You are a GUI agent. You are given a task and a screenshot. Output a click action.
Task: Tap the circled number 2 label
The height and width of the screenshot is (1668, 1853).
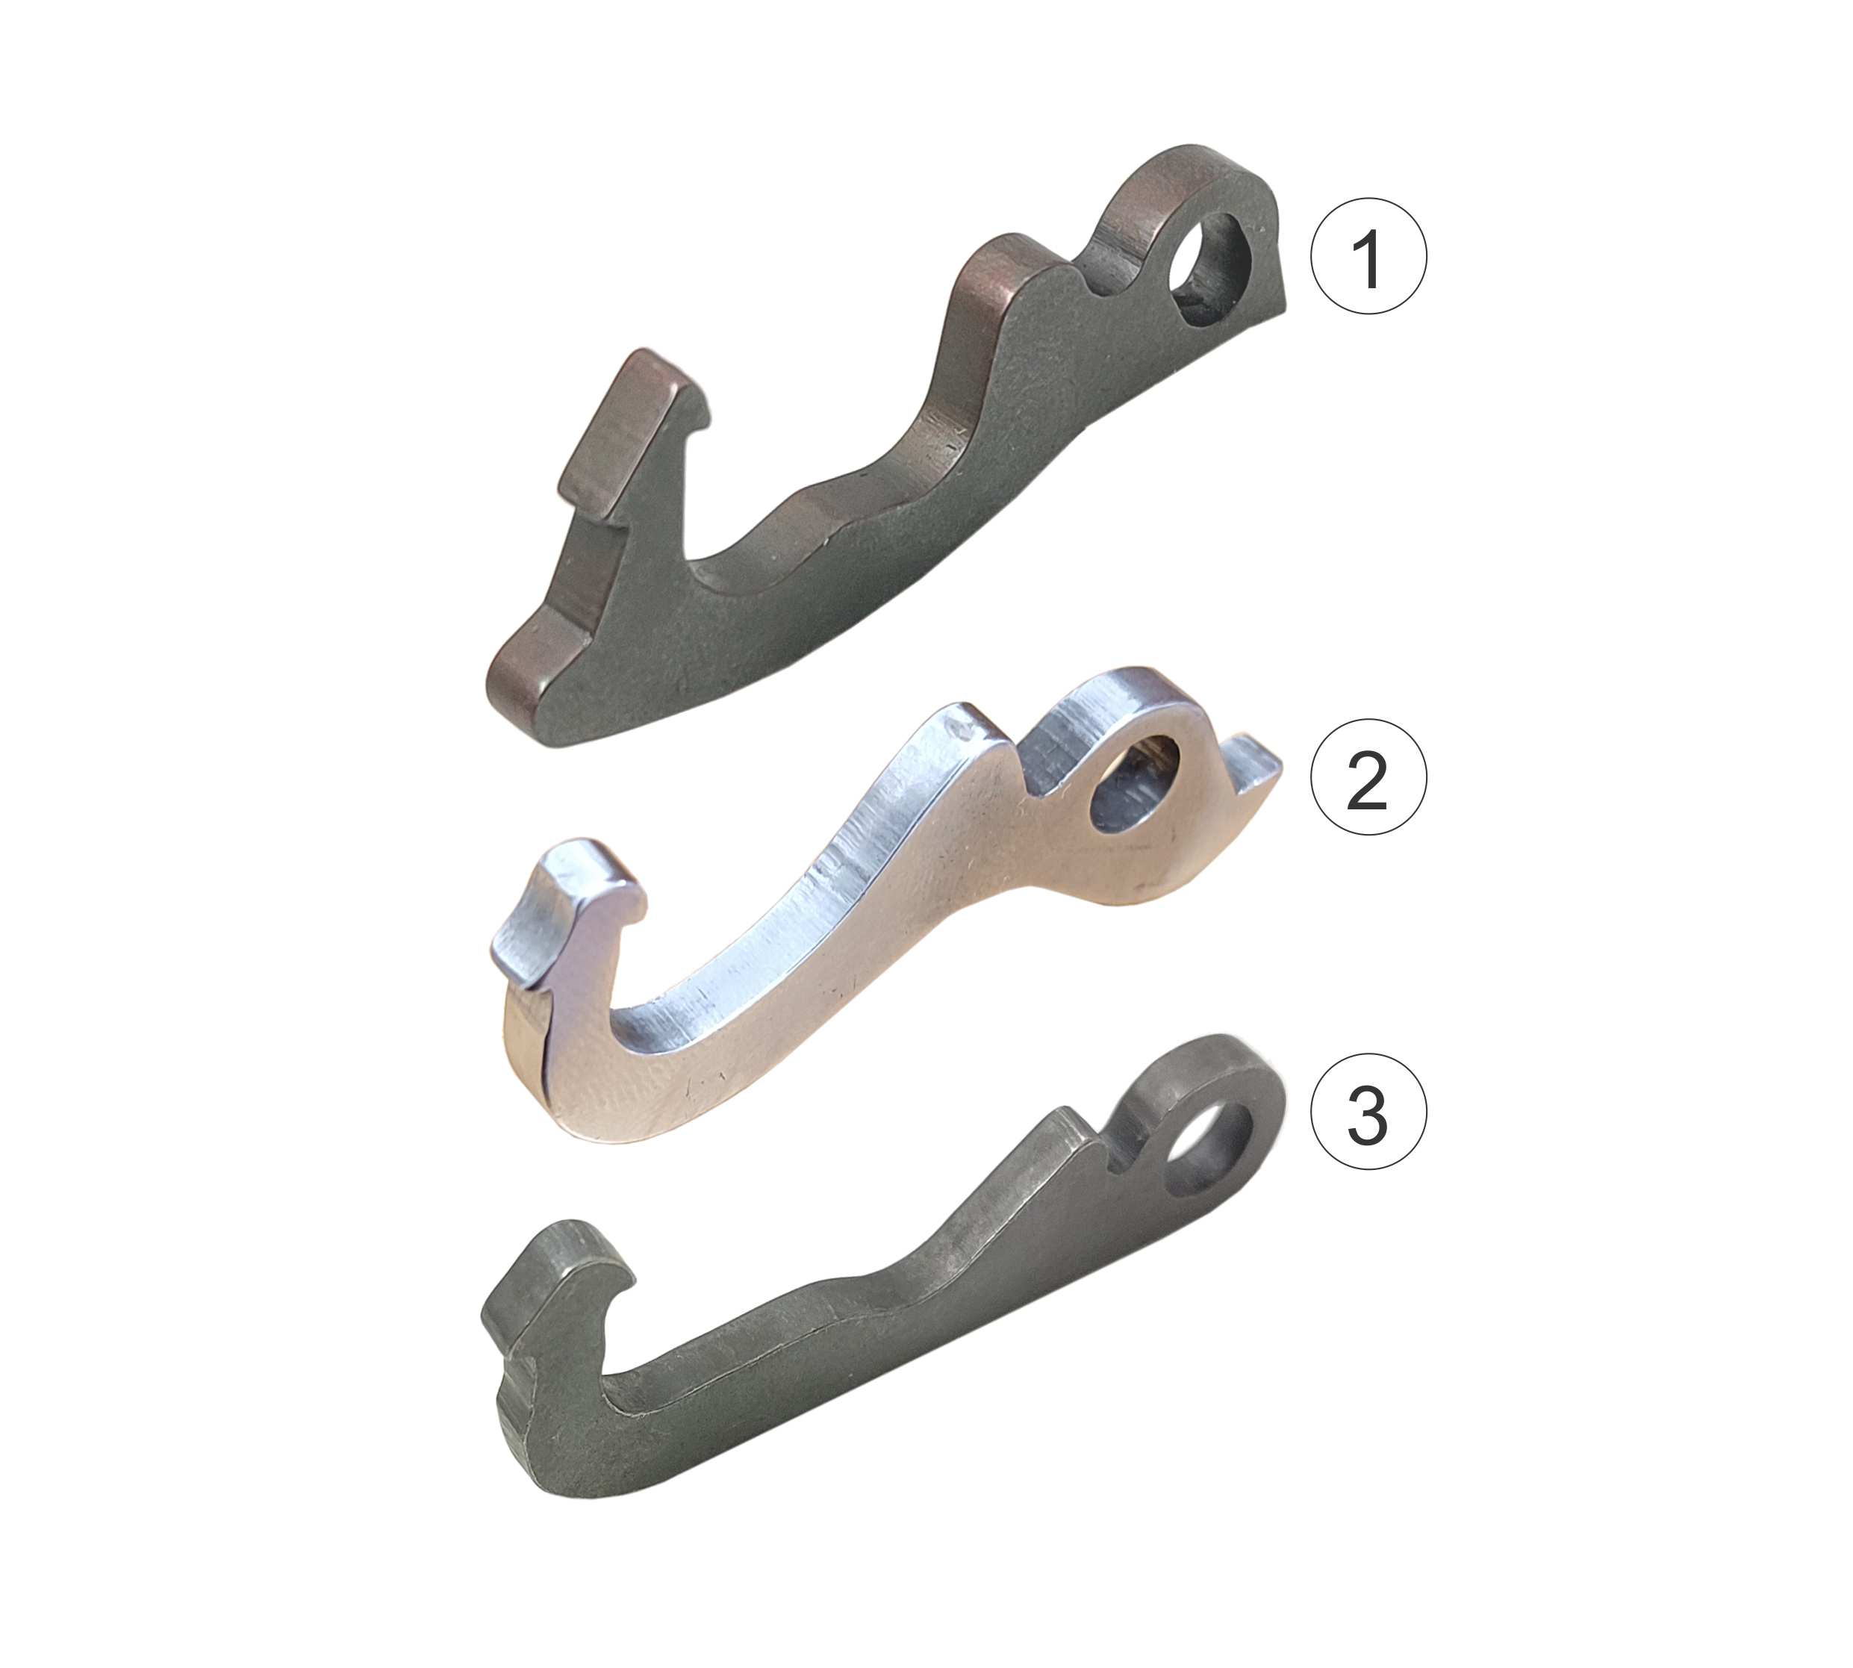pyautogui.click(x=1368, y=777)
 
